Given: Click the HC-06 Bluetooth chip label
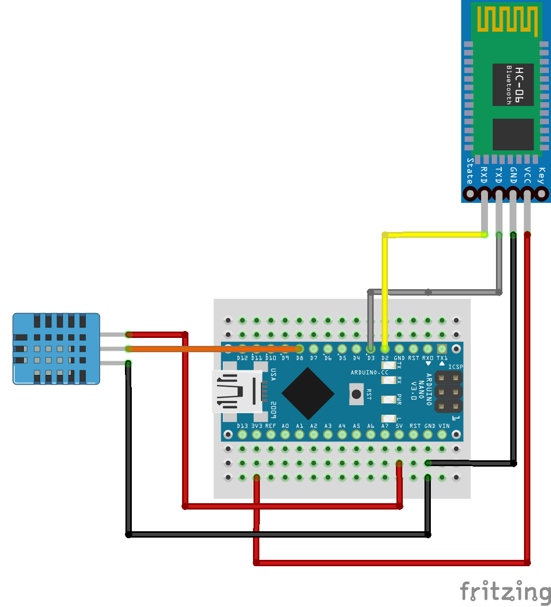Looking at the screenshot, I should click(x=513, y=85).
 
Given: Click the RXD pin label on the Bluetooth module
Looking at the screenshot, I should click(x=484, y=175).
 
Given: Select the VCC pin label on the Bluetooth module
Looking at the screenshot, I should click(x=527, y=175).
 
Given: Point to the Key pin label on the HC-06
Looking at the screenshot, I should click(x=541, y=175).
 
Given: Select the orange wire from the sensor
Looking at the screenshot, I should click(x=212, y=349).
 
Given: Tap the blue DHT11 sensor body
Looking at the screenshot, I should click(x=56, y=348).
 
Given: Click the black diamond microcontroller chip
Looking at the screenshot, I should click(x=308, y=392).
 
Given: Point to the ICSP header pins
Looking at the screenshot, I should click(x=448, y=392).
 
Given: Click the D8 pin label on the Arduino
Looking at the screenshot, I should click(x=300, y=359).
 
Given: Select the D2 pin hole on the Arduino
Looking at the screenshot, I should click(x=385, y=349).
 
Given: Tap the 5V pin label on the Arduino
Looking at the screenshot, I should click(x=399, y=425).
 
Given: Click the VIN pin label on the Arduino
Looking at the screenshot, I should click(x=444, y=425).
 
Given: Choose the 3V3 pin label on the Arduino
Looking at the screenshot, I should click(x=257, y=425).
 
